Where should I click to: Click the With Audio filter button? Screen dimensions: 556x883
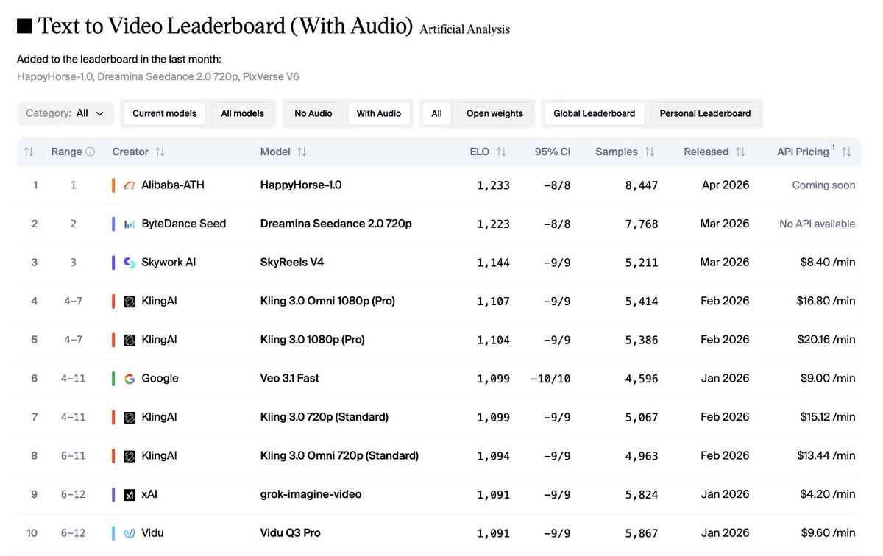(378, 113)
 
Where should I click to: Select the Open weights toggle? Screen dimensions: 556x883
(494, 113)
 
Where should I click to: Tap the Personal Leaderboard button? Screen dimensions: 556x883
(705, 113)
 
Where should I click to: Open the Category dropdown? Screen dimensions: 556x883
(65, 113)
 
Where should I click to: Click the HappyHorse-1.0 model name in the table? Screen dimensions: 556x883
(300, 185)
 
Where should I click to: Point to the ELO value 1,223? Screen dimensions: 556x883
(493, 224)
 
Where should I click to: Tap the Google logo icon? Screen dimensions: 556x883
(130, 379)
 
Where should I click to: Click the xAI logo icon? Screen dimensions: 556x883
(130, 494)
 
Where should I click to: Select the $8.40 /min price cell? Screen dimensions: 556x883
(826, 262)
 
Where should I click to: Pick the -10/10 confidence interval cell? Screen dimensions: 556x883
(550, 379)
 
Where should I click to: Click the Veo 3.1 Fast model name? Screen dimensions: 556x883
(289, 378)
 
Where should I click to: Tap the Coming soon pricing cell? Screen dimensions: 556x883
(823, 185)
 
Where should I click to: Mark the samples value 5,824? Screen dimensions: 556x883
(642, 495)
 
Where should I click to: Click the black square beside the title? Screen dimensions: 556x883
(24, 26)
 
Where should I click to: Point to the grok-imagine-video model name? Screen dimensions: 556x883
(311, 494)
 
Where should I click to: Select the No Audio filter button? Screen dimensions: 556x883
(313, 113)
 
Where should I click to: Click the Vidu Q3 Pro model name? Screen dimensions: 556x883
(290, 532)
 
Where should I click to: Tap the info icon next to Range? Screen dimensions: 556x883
(91, 152)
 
